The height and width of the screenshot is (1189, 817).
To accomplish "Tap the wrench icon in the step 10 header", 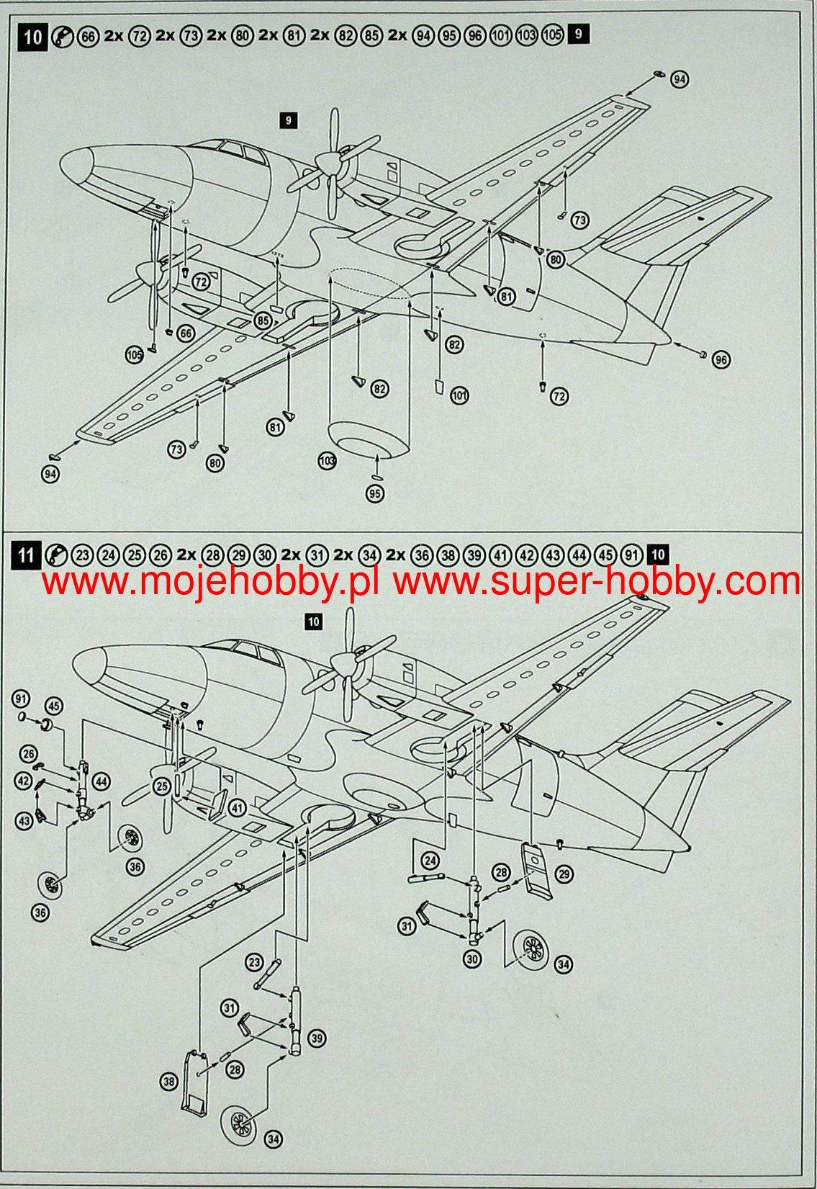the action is (x=63, y=36).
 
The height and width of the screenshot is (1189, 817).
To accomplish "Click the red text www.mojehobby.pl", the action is (x=211, y=582).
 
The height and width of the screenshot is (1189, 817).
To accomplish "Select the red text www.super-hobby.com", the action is (x=596, y=582).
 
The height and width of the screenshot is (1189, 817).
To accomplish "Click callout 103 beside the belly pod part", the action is (x=328, y=460).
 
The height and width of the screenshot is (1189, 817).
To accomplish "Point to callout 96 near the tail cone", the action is (x=721, y=360).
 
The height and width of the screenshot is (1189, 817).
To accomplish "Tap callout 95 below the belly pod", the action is (x=375, y=493).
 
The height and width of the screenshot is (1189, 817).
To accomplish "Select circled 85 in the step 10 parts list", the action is (x=371, y=36).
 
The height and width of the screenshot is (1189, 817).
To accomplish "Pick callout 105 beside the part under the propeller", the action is (x=135, y=354).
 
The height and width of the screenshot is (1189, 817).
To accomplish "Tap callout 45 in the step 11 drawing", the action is (x=54, y=706).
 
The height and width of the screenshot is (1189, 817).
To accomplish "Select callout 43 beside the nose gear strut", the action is (x=24, y=820).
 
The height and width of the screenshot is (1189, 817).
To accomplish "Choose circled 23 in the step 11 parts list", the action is (x=82, y=556).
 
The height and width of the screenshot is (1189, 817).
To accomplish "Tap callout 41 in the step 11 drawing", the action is (x=238, y=808).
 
